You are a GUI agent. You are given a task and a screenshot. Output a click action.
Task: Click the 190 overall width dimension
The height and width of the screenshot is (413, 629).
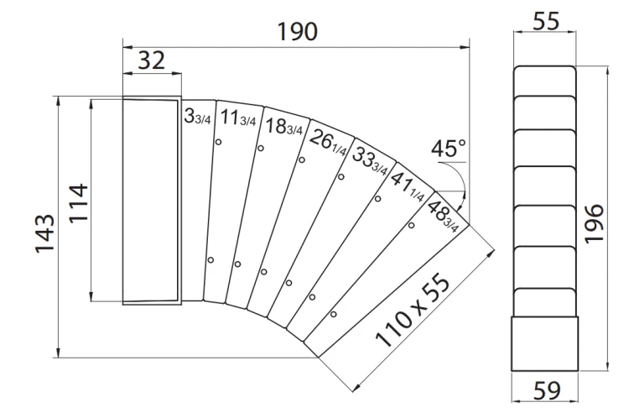coord(298,32)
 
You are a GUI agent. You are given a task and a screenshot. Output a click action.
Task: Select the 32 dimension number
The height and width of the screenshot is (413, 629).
coord(151,60)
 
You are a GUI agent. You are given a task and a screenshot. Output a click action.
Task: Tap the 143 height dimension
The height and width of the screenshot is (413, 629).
coord(44,233)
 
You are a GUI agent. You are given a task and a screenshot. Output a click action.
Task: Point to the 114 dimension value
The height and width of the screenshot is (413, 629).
coord(78,202)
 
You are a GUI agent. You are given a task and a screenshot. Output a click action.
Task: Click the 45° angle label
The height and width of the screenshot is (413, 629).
coord(449,148)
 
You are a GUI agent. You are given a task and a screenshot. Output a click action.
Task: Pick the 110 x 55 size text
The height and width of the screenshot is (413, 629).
coord(413,310)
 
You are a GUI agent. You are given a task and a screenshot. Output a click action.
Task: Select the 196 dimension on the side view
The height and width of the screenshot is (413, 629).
coord(594,223)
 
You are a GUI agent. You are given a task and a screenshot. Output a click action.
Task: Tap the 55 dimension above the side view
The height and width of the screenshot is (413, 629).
coord(546,21)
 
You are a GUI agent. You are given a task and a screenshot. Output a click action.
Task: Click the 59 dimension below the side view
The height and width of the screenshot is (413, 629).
coord(546,390)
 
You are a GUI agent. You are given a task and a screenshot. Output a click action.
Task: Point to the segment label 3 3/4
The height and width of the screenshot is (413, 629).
coord(197,117)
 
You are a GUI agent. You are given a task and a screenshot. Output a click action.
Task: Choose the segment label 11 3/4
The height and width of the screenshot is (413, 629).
coord(238,118)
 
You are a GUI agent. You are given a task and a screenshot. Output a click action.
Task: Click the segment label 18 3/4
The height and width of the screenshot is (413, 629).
coord(284,127)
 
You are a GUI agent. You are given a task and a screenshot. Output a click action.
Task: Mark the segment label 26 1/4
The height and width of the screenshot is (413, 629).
coord(328,142)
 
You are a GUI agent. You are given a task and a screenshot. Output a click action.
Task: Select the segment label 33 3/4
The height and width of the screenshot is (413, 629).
coord(370,161)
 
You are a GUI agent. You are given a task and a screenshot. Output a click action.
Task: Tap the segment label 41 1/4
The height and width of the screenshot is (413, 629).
coord(407,186)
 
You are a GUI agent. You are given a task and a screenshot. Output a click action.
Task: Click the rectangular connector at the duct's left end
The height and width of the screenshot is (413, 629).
coord(152,201)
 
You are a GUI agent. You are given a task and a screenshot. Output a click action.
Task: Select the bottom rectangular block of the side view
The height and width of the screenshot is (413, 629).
coord(544,343)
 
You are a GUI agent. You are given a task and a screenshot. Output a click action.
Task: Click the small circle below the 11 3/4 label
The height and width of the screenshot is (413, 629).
coord(218,142)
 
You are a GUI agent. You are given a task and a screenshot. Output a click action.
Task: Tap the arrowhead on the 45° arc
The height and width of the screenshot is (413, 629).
coord(462,204)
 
